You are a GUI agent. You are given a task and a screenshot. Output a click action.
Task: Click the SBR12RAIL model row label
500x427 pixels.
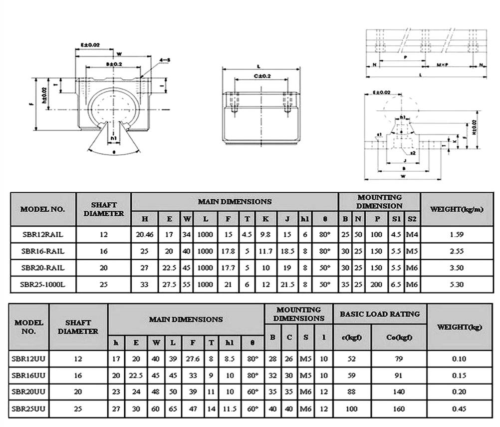point(42,234)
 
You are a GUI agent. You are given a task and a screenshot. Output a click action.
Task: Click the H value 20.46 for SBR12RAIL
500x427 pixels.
point(145,234)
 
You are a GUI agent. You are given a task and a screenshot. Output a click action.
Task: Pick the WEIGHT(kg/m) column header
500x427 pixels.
point(457,209)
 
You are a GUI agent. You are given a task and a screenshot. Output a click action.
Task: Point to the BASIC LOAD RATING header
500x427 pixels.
point(380,314)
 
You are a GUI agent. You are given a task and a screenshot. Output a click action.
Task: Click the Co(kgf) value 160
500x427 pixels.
point(399,409)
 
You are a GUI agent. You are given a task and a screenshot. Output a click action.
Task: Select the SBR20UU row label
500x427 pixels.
point(28,392)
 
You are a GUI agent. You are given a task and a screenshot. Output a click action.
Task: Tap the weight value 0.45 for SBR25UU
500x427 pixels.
point(459,409)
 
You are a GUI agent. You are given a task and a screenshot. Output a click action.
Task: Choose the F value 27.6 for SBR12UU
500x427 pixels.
point(192,359)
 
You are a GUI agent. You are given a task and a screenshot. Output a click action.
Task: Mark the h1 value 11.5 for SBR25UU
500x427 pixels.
point(230,409)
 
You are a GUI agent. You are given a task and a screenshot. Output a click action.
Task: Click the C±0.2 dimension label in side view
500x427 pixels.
point(262,76)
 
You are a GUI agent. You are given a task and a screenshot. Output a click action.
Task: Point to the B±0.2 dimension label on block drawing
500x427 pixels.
point(114,64)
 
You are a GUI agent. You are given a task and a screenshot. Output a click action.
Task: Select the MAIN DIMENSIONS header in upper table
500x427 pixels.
point(235,202)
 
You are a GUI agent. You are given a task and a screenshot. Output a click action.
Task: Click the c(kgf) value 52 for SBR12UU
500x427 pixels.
point(352,359)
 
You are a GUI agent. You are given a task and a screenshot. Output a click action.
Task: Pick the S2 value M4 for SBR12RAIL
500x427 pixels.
point(412,234)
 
